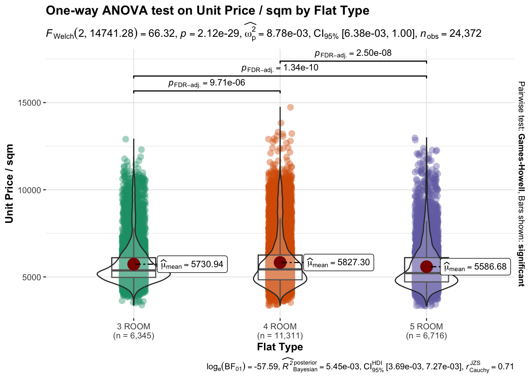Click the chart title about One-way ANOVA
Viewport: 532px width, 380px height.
(x=207, y=11)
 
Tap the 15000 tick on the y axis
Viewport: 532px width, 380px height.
(x=30, y=103)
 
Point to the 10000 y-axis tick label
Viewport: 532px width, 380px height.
(x=30, y=190)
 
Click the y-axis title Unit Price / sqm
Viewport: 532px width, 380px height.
(x=9, y=184)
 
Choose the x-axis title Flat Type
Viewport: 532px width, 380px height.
(x=280, y=347)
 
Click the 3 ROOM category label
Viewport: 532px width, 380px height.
(x=133, y=327)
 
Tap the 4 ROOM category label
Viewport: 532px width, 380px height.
(x=280, y=327)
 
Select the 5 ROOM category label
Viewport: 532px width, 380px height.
(x=426, y=327)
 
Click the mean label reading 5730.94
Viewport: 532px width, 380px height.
(x=192, y=264)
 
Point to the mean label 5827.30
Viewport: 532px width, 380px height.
(x=339, y=263)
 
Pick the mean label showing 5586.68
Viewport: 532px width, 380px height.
(x=475, y=267)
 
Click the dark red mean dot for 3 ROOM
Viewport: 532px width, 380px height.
(x=134, y=264)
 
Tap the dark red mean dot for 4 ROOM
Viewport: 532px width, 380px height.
(x=280, y=262)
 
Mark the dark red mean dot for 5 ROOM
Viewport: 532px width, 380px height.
(x=426, y=267)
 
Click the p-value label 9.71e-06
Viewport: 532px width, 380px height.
(x=207, y=83)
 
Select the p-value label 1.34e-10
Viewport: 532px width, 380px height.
(x=280, y=68)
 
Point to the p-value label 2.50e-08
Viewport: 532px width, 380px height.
(x=353, y=53)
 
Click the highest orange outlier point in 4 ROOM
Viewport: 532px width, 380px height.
(x=291, y=107)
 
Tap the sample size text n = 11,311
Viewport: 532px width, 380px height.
(x=280, y=336)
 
